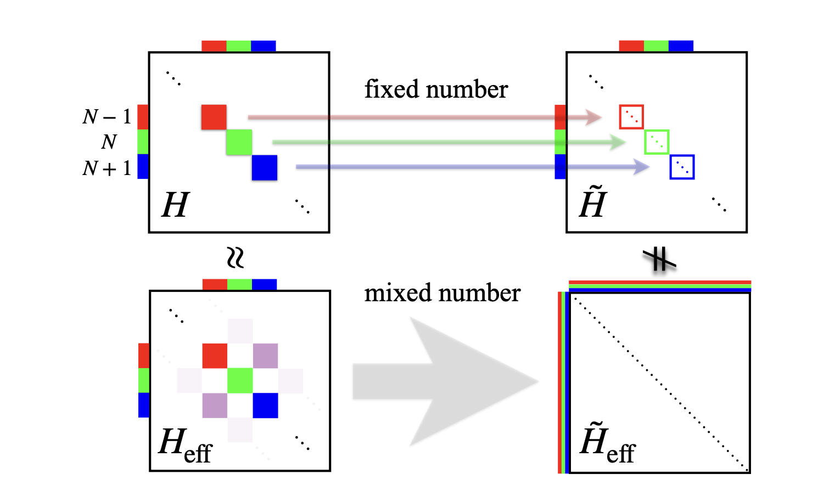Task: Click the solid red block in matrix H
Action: (214, 117)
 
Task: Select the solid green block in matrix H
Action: (239, 142)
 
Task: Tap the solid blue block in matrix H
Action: (264, 167)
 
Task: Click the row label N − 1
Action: (107, 117)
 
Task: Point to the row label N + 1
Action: (107, 168)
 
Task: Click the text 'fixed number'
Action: (436, 89)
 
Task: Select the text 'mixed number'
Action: (442, 293)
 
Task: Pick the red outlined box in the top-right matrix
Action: (631, 117)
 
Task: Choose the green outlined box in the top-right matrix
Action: (656, 142)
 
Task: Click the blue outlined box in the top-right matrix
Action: (682, 167)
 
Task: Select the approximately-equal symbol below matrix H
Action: (236, 257)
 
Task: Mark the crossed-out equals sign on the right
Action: (659, 259)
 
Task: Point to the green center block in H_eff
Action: (240, 381)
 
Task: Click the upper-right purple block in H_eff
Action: (265, 356)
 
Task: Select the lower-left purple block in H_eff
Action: (215, 405)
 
